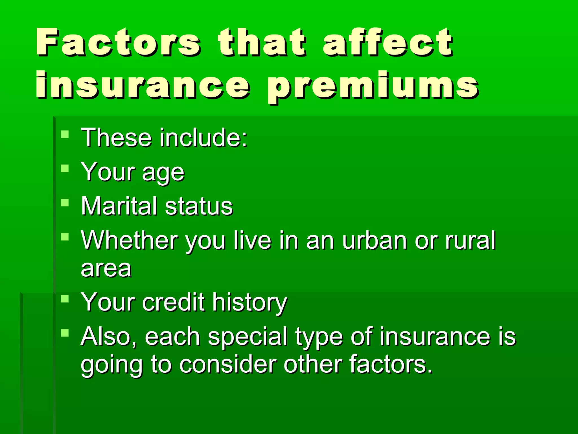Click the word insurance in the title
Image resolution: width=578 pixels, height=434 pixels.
143,85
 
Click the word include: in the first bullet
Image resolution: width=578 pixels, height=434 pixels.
203,138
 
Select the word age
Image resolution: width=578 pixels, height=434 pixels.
163,173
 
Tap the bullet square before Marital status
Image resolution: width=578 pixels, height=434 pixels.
65,203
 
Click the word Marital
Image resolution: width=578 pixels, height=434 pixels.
119,206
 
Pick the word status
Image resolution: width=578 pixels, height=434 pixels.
199,206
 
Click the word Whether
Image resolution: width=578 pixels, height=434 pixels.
129,240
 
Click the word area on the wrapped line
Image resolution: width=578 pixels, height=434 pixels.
106,269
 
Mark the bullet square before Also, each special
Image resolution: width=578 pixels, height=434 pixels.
65,333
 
